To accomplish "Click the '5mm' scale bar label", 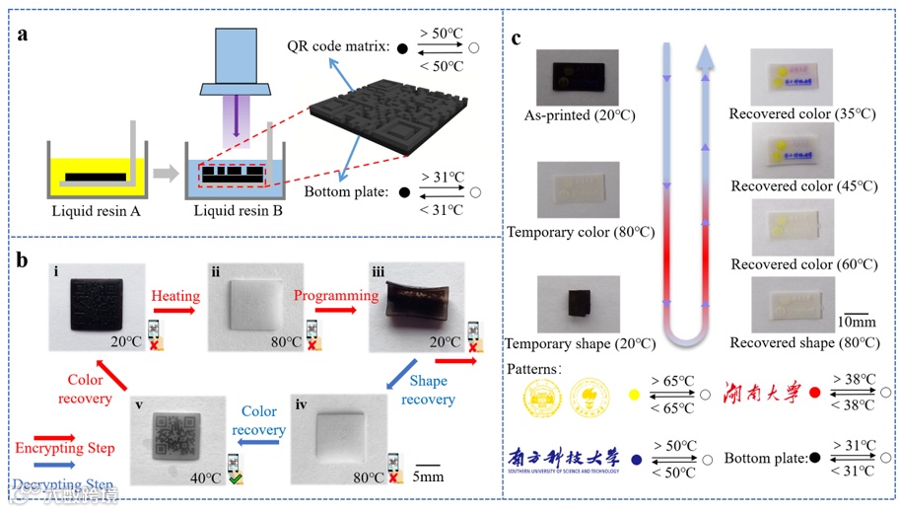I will [427, 475].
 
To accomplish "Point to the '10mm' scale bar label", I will [856, 323].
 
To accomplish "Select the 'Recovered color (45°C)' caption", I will [802, 186].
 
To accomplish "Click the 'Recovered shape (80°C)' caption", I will [802, 342].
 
